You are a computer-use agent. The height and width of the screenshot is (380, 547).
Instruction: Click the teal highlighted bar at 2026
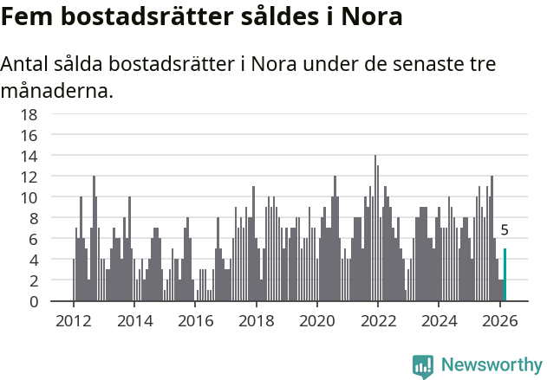click(x=505, y=275)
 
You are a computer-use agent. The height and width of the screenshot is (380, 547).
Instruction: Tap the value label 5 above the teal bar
click(x=505, y=231)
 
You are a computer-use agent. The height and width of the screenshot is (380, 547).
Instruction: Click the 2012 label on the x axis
click(x=73, y=319)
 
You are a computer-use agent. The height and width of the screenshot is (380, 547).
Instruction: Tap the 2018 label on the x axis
click(x=256, y=319)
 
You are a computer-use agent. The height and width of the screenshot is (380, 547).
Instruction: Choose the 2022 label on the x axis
click(x=378, y=319)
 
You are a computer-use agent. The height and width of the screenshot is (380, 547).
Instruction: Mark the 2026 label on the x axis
click(x=500, y=319)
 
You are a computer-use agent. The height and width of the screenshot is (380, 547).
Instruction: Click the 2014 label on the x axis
click(x=133, y=319)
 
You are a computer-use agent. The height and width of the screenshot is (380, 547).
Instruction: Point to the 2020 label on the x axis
click(x=316, y=319)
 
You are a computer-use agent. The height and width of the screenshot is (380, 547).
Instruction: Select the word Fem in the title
click(x=21, y=16)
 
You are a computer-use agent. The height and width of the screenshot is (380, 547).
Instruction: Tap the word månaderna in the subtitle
click(x=56, y=89)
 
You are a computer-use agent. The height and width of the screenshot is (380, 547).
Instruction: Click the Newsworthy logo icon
click(x=423, y=366)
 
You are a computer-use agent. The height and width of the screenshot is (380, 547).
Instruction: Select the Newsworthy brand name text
click(x=491, y=365)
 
